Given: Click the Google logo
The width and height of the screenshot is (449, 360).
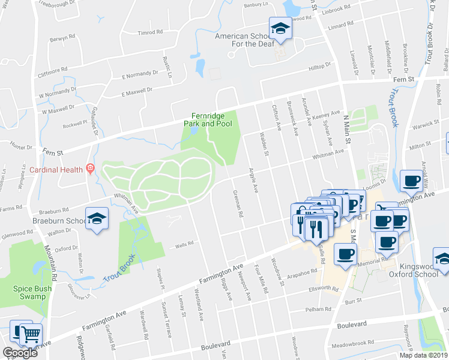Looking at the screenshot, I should click(20, 353).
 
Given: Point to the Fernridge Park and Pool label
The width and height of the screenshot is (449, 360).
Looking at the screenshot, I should click(211, 119).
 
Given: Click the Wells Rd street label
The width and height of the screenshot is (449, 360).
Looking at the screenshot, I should click(184, 244).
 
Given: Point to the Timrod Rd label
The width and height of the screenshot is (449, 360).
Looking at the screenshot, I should click(149, 32).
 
